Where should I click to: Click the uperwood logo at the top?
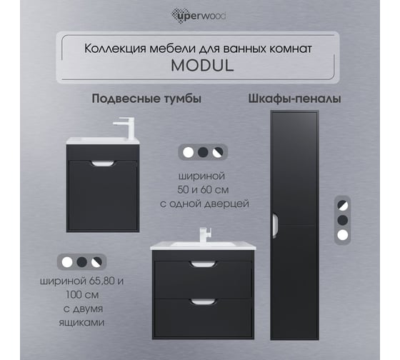coord(199,16)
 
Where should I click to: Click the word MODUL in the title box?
coord(202,66)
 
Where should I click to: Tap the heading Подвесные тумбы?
coord(146,99)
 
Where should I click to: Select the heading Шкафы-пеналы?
coord(294,99)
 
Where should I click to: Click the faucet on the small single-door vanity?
coord(126,127)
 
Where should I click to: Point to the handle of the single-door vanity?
coord(103,164)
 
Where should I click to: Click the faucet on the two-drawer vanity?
coord(206,235)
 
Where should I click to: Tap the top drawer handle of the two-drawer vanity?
coord(204,264)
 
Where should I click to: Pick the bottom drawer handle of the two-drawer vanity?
coord(204,302)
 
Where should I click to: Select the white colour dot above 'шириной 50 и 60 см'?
coord(189,152)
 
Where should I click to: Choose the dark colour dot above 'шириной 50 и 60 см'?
coord(203,152)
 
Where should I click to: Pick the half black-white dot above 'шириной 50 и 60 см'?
coord(218,152)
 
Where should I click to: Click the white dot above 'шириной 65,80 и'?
coord(67,262)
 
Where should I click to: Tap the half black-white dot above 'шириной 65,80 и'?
coord(96,262)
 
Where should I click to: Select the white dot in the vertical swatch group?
coord(343,235)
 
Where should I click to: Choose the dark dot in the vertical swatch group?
coord(343,220)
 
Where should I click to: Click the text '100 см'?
coord(82,295)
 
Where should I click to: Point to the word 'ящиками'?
coord(81,322)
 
